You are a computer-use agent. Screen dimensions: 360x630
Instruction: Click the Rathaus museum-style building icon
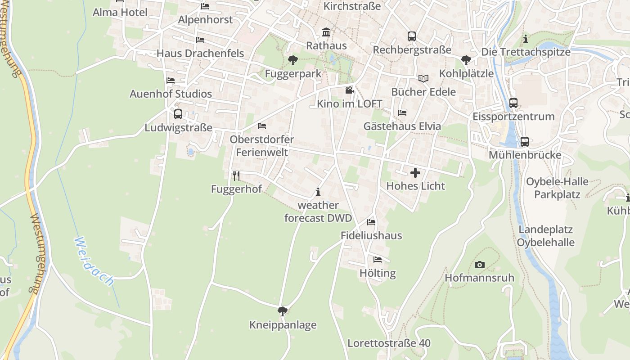(x=326, y=32)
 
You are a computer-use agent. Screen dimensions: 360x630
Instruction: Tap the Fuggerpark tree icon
(x=293, y=60)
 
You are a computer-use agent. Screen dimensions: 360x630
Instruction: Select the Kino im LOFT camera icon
(x=349, y=90)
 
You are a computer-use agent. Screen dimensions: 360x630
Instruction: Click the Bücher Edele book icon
(x=423, y=78)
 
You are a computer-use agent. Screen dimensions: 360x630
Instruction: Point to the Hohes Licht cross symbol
(x=415, y=172)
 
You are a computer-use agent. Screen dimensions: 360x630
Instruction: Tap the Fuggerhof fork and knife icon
(x=236, y=175)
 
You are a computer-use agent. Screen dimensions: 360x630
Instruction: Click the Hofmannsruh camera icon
(x=480, y=265)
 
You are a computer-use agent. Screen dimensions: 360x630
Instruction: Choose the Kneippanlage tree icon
(x=283, y=311)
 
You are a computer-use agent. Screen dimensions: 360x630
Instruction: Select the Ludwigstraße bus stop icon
(x=178, y=114)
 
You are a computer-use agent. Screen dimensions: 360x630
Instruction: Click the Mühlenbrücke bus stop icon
(x=524, y=142)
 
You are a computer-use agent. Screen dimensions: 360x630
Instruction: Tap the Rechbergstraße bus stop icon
(x=412, y=36)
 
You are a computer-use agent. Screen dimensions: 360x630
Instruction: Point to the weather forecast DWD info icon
(x=318, y=192)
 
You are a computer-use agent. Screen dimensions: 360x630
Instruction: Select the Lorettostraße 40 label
(x=389, y=343)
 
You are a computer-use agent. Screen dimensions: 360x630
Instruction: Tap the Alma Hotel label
(x=120, y=12)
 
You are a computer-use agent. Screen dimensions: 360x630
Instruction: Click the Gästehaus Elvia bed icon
(x=402, y=112)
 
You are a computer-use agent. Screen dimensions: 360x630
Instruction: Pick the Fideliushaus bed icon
(x=371, y=222)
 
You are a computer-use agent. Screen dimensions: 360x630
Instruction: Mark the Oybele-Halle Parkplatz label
(x=557, y=188)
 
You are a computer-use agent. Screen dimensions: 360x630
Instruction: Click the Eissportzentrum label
(x=513, y=117)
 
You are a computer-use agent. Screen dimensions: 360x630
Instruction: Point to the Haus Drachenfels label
(x=200, y=54)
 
